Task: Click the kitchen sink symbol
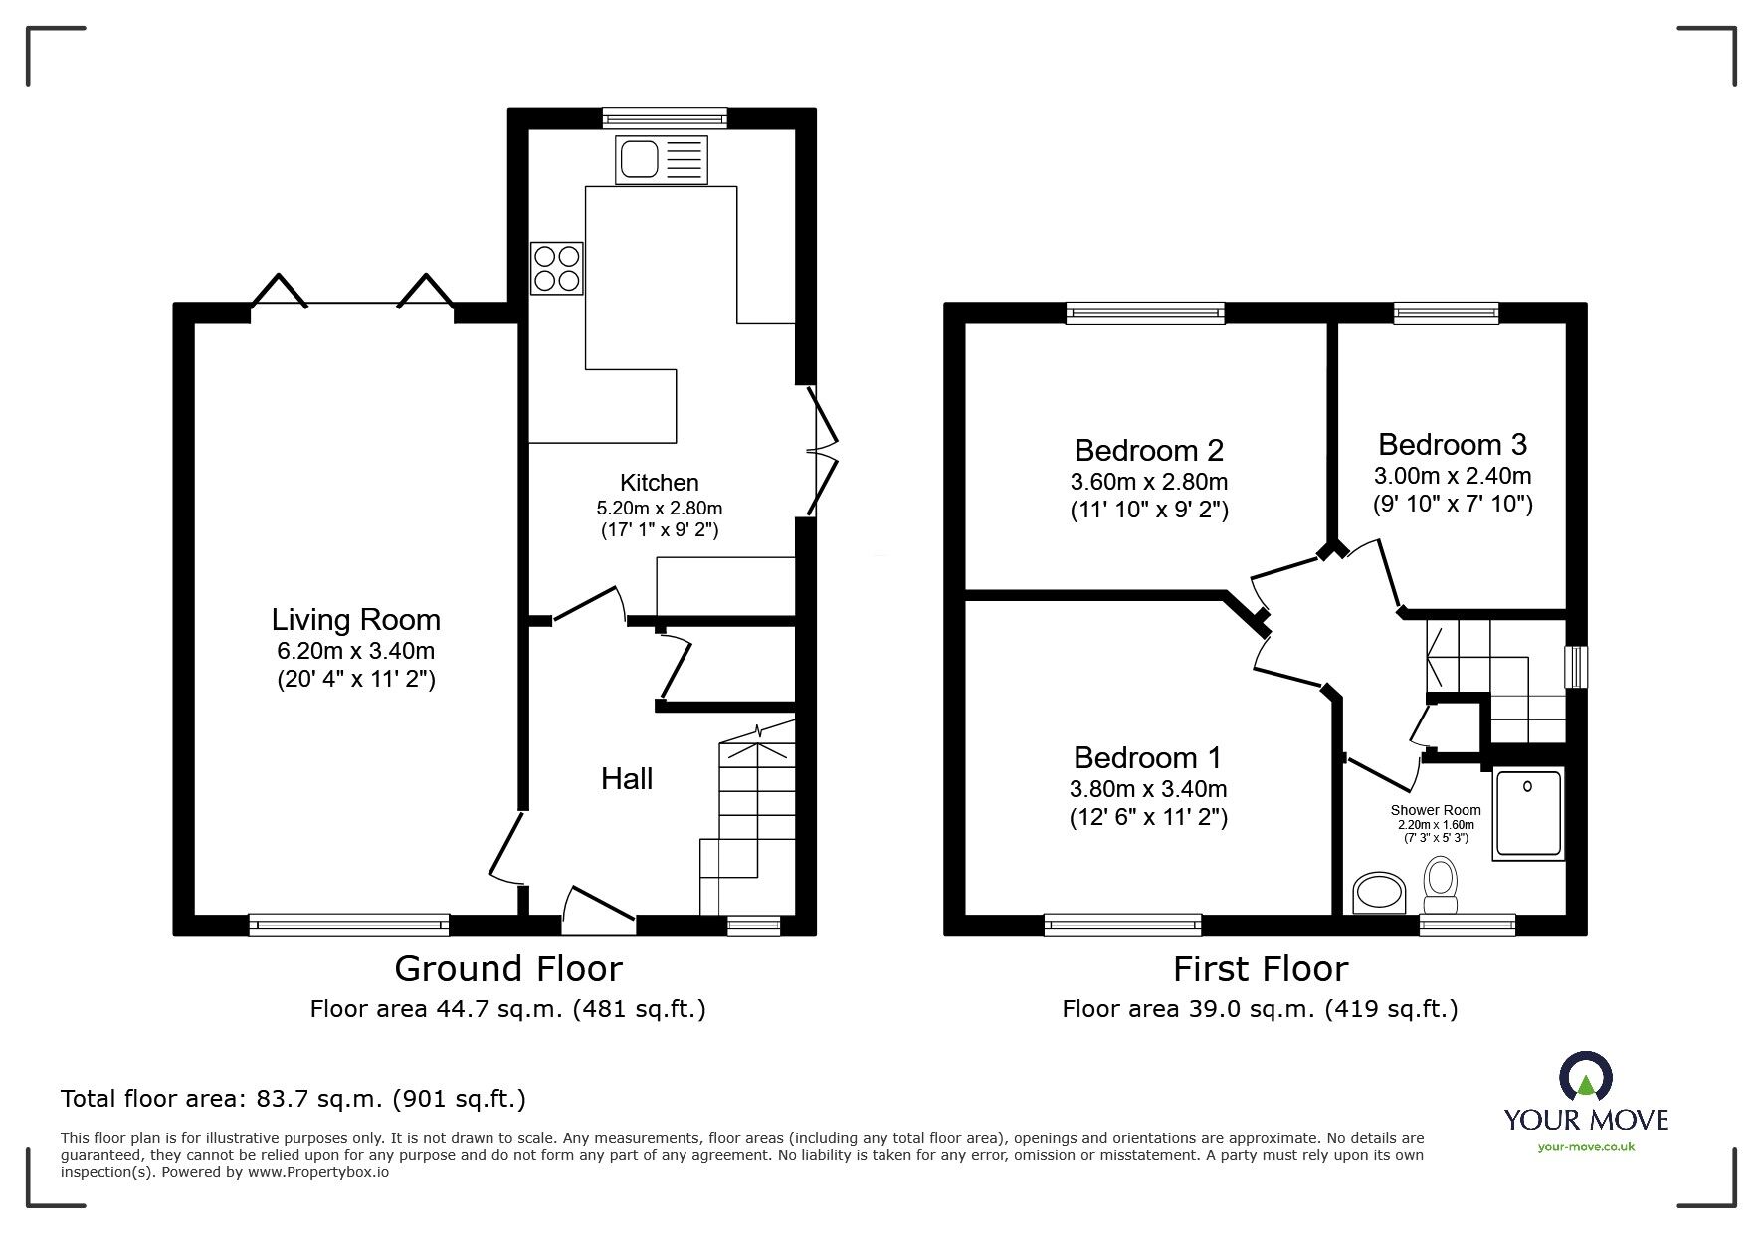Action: click(x=662, y=160)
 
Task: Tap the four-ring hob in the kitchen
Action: click(x=557, y=268)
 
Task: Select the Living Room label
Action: click(x=355, y=620)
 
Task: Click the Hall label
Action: click(x=627, y=778)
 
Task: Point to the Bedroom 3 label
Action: click(x=1452, y=444)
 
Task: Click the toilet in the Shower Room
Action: click(x=1440, y=887)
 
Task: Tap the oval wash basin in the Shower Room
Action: click(x=1379, y=892)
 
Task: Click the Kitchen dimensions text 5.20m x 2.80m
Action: click(x=659, y=508)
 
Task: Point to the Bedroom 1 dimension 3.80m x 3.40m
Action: click(x=1148, y=789)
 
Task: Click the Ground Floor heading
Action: click(x=507, y=968)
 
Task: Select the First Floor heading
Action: click(x=1260, y=968)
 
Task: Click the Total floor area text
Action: click(x=294, y=1099)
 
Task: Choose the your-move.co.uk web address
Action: click(x=1585, y=1147)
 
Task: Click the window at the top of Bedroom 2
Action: click(x=1144, y=313)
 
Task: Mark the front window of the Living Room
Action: click(x=348, y=925)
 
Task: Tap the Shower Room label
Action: click(x=1435, y=810)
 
